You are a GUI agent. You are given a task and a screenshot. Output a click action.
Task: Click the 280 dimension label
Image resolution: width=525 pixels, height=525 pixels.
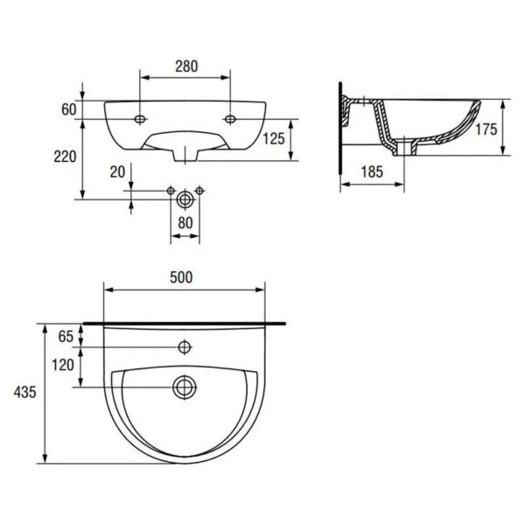point(185,66)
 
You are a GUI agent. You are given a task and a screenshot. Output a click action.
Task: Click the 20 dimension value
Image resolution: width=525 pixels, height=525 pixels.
point(117,172)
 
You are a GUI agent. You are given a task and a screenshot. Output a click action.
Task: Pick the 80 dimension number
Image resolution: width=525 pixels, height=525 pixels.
point(185,222)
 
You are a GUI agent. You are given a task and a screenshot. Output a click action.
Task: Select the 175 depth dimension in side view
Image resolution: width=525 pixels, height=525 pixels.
point(486,129)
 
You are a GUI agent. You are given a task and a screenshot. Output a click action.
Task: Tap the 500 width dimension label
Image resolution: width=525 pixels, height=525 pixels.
point(181,277)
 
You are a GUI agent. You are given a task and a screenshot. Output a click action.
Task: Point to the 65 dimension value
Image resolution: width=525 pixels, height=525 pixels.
point(66,336)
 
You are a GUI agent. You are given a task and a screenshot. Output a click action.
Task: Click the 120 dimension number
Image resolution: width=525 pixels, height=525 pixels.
point(62,367)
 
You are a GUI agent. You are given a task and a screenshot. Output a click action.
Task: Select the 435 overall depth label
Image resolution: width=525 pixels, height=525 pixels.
point(24,393)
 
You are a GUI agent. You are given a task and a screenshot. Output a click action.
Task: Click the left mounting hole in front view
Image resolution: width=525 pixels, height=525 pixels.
point(139,117)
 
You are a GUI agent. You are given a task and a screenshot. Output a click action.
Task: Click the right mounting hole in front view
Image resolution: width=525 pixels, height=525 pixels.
point(230,117)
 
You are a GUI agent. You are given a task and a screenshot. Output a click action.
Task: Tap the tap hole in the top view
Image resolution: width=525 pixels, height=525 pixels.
point(184,347)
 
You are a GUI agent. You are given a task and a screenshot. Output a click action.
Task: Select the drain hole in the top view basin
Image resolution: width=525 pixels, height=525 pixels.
point(184,385)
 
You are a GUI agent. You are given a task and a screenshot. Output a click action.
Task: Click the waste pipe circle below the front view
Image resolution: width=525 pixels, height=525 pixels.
point(184,199)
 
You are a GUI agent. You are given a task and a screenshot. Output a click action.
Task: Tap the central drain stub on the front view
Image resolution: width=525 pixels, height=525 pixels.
point(185,154)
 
